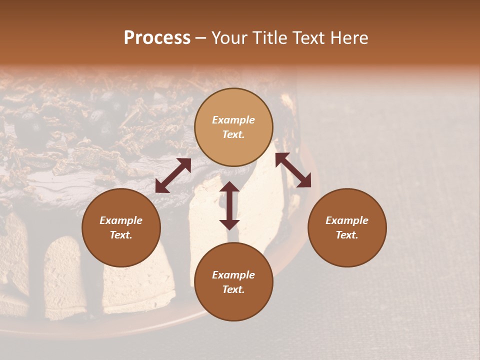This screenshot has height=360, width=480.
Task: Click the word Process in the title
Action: [157, 38]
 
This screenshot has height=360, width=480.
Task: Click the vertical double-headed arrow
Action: [229, 205]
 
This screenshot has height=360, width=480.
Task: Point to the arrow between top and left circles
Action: [173, 175]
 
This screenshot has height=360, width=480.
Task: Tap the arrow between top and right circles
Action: [293, 170]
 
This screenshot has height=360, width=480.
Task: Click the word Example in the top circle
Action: [233, 120]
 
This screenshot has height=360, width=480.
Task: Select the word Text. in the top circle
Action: [233, 134]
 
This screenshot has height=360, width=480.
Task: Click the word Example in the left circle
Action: [121, 220]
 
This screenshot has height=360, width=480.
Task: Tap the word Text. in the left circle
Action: [121, 235]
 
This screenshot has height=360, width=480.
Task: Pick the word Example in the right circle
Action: [347, 220]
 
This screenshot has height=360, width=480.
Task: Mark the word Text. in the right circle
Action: [347, 235]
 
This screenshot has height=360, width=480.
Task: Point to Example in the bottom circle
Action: [233, 275]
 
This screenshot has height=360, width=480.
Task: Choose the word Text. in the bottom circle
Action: [233, 289]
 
